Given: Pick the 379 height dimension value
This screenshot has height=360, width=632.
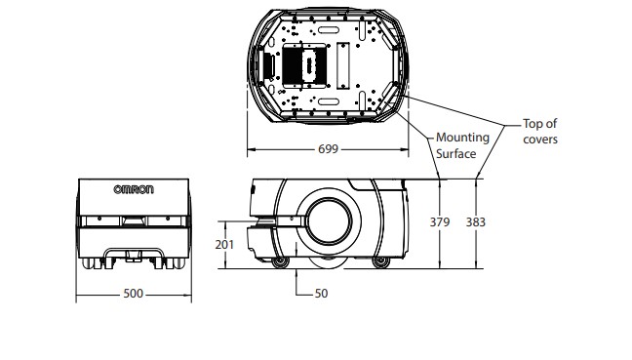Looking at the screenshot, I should pyautogui.click(x=440, y=222).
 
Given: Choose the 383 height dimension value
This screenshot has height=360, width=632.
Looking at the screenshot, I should pyautogui.click(x=476, y=222).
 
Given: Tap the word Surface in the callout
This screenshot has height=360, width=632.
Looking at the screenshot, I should pyautogui.click(x=455, y=153).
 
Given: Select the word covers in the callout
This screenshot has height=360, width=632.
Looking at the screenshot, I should pyautogui.click(x=540, y=140).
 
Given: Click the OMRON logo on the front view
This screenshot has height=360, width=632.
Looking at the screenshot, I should pyautogui.click(x=134, y=190).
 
